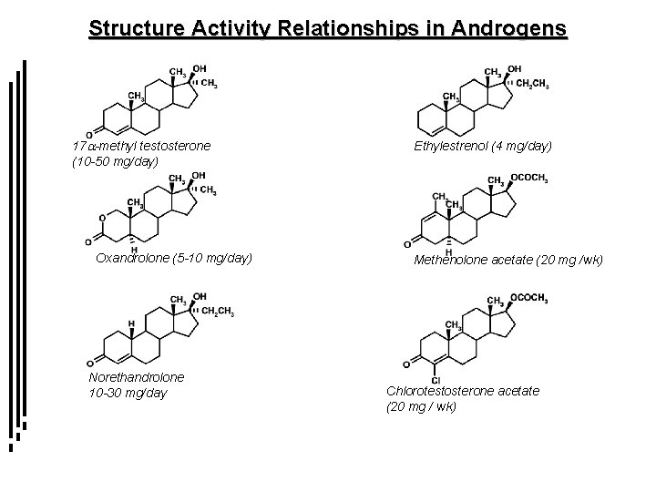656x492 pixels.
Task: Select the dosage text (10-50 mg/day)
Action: [x=115, y=160]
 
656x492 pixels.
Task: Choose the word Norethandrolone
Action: [x=137, y=376]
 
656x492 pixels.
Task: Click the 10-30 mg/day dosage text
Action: [x=128, y=392]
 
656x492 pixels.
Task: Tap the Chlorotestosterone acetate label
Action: [x=463, y=390]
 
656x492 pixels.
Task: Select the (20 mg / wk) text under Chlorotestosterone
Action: [x=422, y=405]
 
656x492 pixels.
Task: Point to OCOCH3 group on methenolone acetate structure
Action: [x=529, y=179]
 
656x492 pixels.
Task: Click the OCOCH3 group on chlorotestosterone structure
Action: [x=529, y=298]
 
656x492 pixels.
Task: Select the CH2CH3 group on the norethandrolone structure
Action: [x=219, y=313]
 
